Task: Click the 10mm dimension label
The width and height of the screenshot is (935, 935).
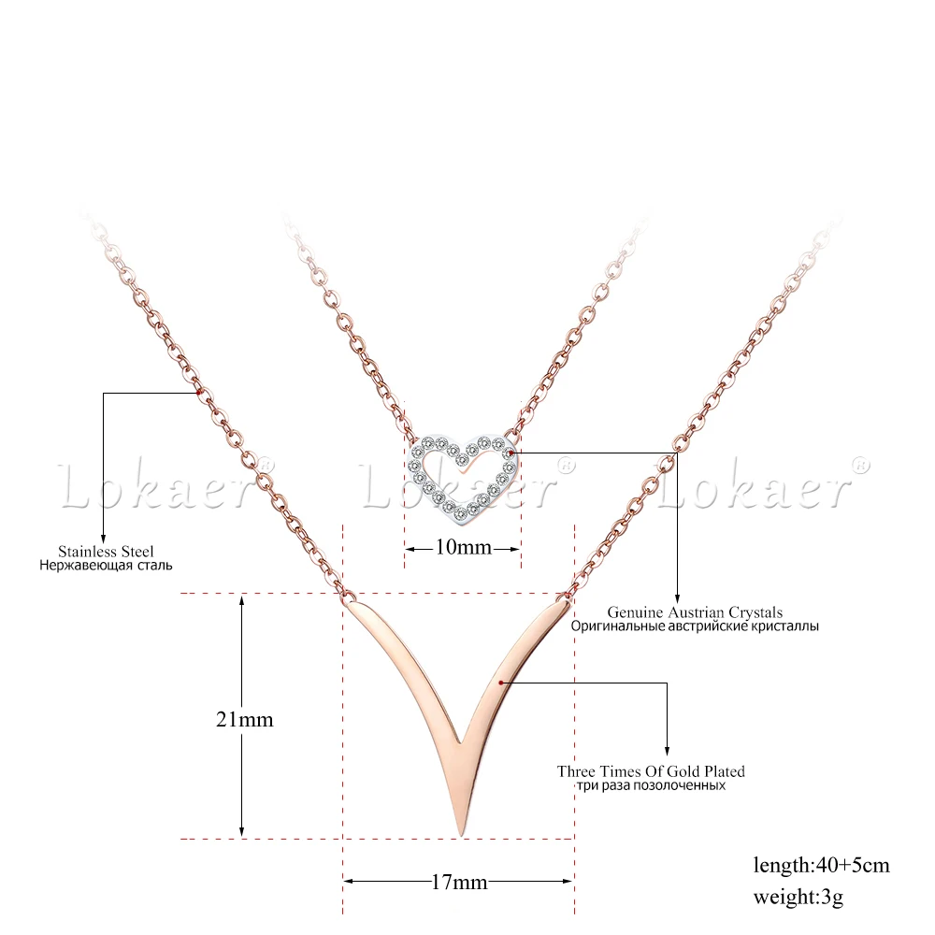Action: tap(463, 547)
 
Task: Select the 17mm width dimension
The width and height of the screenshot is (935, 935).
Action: tap(459, 881)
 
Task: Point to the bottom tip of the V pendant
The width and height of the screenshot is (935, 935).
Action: tap(460, 829)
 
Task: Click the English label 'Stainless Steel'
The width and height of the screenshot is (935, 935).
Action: tap(106, 552)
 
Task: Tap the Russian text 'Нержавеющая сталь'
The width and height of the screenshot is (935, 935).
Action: tap(106, 566)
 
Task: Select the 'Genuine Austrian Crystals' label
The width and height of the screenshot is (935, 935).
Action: tap(695, 612)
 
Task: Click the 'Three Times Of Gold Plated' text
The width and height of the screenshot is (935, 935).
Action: tap(651, 771)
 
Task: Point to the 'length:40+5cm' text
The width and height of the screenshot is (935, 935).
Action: tap(821, 865)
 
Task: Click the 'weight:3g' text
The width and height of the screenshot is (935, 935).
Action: tap(798, 899)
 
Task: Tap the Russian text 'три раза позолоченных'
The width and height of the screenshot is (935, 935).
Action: tap(651, 786)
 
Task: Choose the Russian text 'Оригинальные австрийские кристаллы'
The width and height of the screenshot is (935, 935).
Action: tap(695, 626)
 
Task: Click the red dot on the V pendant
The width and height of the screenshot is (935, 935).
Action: tap(502, 683)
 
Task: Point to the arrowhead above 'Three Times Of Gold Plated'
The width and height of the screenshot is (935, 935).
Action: tap(667, 750)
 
